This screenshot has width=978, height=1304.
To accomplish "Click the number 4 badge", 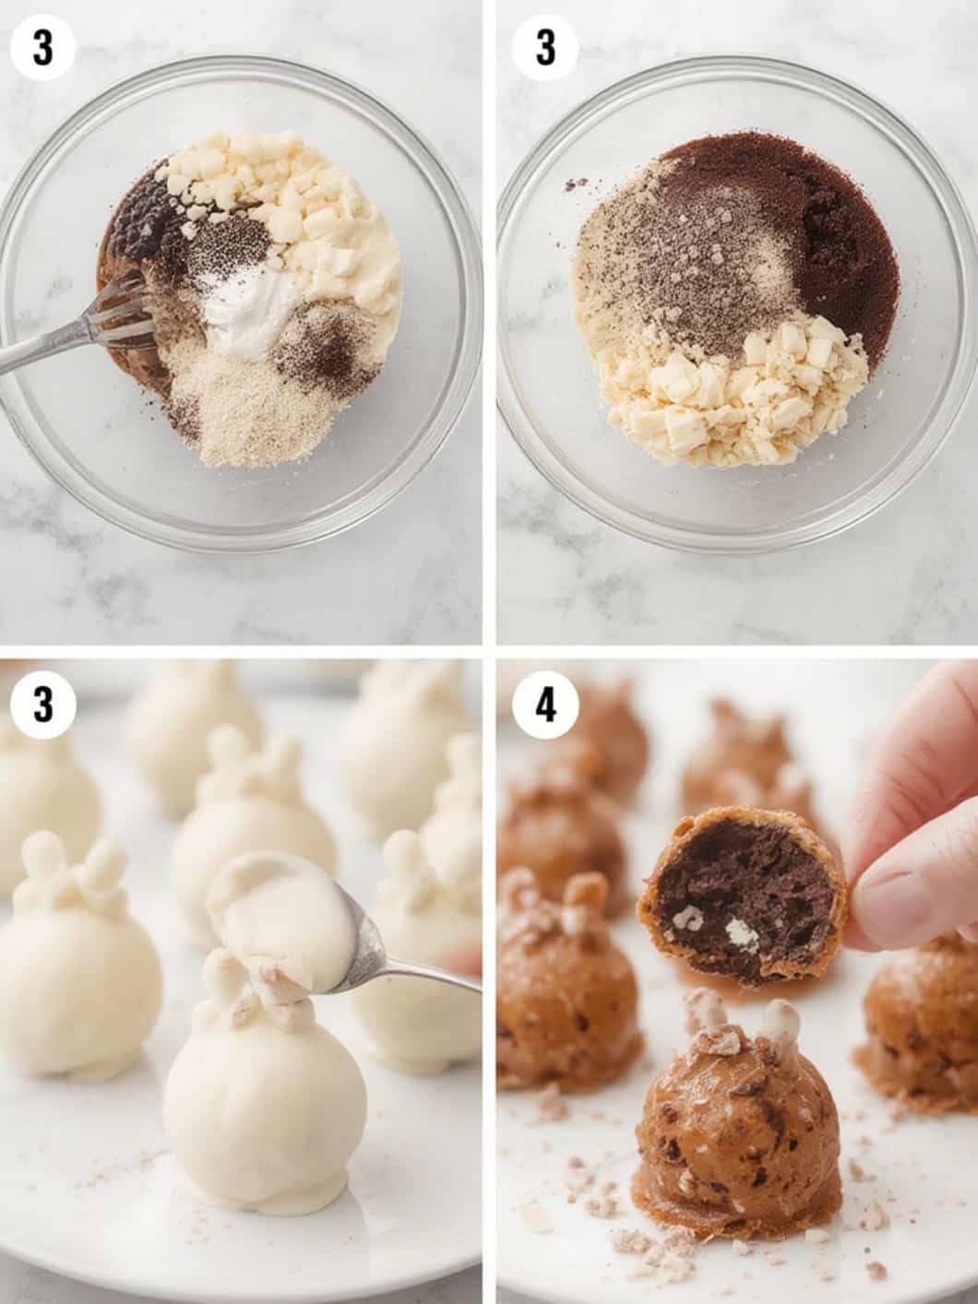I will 546,707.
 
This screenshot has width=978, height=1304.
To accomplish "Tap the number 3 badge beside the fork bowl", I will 43,49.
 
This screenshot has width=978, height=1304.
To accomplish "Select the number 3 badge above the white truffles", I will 43,707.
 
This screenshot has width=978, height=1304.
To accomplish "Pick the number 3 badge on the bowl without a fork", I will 546,49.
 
